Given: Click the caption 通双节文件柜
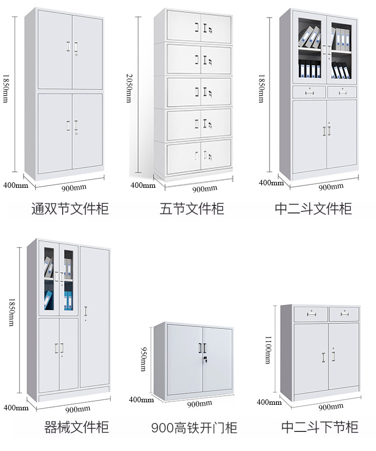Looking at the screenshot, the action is tap(70, 208).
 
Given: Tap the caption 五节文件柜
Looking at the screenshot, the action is tap(192, 208).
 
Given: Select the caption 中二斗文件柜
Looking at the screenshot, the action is tap(313, 208).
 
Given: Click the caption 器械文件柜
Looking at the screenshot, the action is tap(76, 427).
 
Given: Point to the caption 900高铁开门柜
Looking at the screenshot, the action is tap(194, 428).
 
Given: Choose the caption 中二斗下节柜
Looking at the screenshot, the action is tap(320, 427).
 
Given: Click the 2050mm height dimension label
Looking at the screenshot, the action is tap(129, 88).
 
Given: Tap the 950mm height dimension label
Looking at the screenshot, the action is tap(143, 359).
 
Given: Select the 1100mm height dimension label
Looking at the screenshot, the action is tap(268, 350).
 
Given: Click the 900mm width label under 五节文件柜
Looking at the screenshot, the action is tap(205, 189).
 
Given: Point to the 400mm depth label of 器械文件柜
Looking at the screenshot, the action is tap(16, 408).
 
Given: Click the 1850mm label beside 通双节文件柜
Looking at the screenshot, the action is tap(6, 88).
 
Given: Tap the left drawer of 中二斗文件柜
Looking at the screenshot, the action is tap(309, 92).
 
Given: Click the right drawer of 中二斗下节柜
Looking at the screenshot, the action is tap(344, 314).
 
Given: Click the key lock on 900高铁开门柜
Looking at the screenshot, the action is tap(205, 359).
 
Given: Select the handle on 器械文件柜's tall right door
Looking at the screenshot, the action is tap(85, 311).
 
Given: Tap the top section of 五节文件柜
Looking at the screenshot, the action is tap(199, 26).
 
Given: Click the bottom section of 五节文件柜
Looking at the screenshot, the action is tap(199, 157).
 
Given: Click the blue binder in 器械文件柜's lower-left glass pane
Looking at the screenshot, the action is tap(48, 300).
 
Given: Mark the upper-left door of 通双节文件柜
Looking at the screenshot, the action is tap(55, 50).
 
